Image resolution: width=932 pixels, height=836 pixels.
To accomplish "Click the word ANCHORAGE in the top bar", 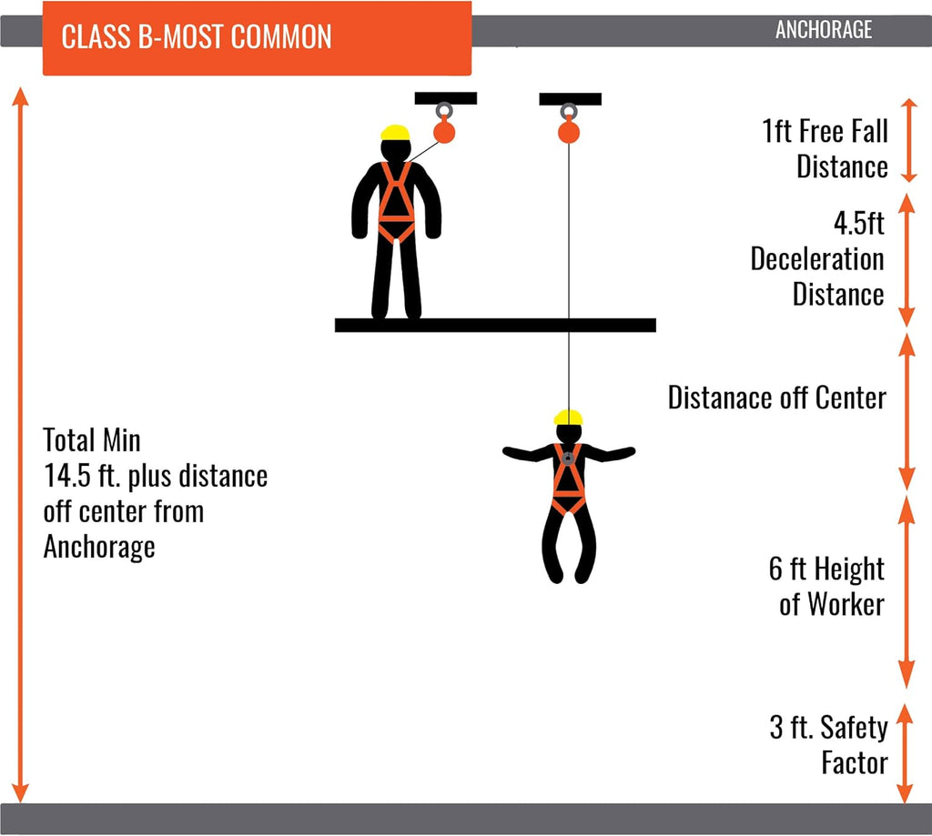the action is [x=824, y=30].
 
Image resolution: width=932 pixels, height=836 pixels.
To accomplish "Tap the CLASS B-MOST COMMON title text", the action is [x=197, y=36].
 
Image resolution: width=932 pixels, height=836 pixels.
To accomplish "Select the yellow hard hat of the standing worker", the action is [x=395, y=133].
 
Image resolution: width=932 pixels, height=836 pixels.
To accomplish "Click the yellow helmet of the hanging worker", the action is [x=568, y=418].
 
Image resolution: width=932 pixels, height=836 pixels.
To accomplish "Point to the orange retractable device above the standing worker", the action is [x=444, y=131].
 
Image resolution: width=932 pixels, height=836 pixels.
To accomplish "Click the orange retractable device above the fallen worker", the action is [x=569, y=131].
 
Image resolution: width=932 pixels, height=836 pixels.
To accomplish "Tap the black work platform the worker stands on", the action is [x=495, y=325].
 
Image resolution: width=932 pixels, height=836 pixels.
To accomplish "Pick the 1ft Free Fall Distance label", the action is [x=825, y=148].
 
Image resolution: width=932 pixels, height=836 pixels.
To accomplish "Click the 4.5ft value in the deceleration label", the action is [x=859, y=224].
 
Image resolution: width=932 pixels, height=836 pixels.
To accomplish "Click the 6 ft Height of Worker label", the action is [x=826, y=587].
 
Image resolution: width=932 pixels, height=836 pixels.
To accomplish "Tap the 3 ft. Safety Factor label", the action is [x=829, y=744].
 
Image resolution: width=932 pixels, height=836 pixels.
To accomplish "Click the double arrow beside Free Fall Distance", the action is [x=909, y=140].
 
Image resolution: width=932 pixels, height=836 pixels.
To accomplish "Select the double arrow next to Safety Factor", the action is [x=904, y=753].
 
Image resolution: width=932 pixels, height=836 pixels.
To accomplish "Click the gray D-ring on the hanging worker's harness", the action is [x=568, y=458].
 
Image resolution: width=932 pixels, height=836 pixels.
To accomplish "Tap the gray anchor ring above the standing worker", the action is [x=444, y=110].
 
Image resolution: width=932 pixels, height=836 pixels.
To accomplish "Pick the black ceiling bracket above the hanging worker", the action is [x=570, y=98].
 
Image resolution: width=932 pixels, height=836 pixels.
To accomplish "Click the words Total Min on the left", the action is [x=92, y=440].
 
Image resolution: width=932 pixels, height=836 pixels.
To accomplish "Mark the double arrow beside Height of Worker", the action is [x=906, y=591].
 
